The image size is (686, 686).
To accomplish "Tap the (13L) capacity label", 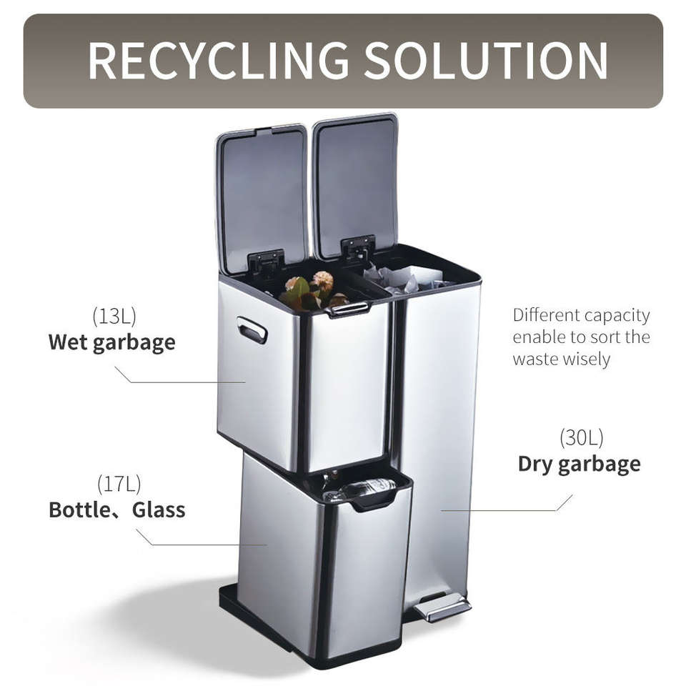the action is click(114, 316).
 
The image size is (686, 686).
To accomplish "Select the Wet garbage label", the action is click(112, 342).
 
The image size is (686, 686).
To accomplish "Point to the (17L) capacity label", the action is click(119, 484).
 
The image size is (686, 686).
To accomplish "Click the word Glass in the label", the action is click(159, 510).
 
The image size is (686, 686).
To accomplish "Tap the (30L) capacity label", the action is click(582, 437).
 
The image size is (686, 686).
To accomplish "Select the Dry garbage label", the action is click(580, 464).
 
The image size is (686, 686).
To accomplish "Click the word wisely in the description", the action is click(584, 359).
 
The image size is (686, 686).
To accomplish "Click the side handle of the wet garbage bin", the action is click(252, 330).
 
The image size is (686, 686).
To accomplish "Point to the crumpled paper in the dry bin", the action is click(404, 278).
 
